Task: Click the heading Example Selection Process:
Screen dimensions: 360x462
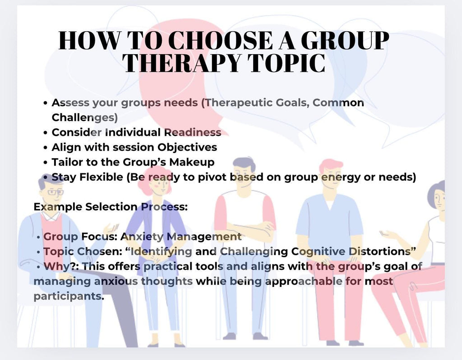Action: click(x=111, y=207)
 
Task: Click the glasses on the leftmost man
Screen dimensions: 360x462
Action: click(x=55, y=192)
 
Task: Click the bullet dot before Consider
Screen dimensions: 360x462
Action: click(x=46, y=133)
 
